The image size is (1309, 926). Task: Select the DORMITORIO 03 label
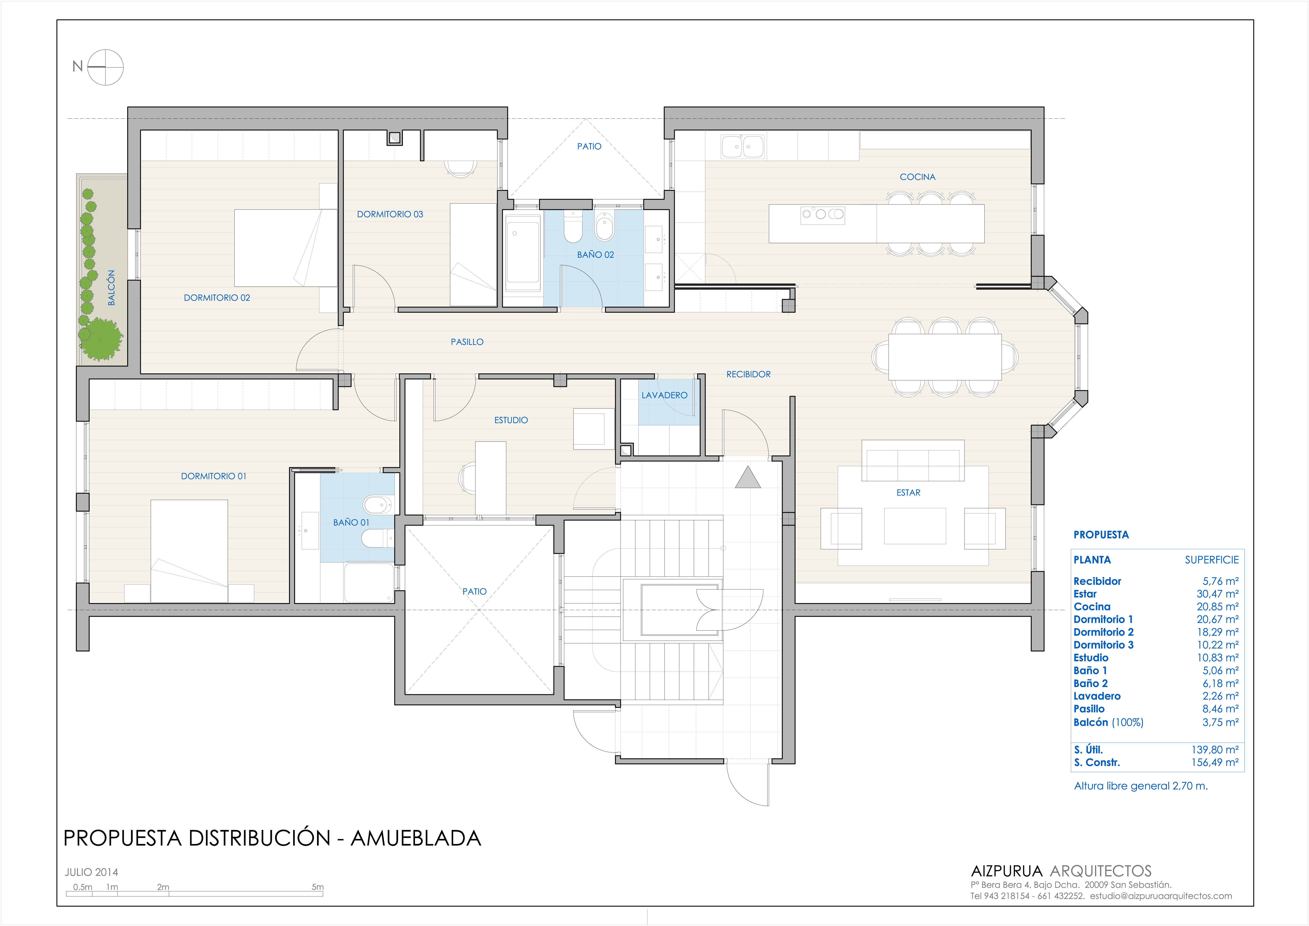tap(390, 214)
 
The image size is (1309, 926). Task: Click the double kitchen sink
tap(743, 147)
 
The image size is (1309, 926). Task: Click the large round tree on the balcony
tap(100, 340)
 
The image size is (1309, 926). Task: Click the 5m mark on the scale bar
tap(318, 887)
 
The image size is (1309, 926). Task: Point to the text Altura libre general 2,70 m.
tap(1141, 786)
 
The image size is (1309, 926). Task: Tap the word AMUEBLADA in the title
tap(416, 838)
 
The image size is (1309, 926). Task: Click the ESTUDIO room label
tap(511, 420)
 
